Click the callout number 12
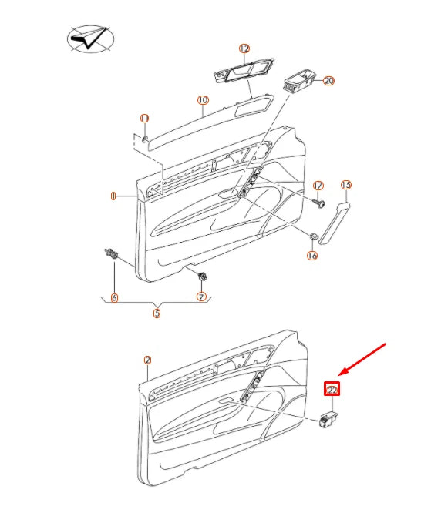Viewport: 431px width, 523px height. pos(244,49)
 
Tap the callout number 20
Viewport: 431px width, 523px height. pos(329,80)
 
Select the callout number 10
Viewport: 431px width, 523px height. pos(203,100)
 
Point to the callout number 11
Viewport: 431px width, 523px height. pos(144,118)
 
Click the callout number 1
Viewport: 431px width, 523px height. pos(113,196)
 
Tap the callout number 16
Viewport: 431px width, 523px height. pos(312,255)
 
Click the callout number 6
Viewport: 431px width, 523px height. pos(114,297)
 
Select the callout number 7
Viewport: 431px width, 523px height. pos(201,297)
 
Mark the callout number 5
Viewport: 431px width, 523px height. pos(157,313)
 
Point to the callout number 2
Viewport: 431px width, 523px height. pos(147,360)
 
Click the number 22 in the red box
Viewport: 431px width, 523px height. pos(332,391)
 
